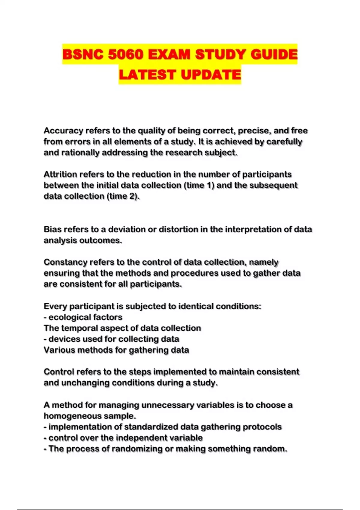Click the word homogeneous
[x=73, y=416]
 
